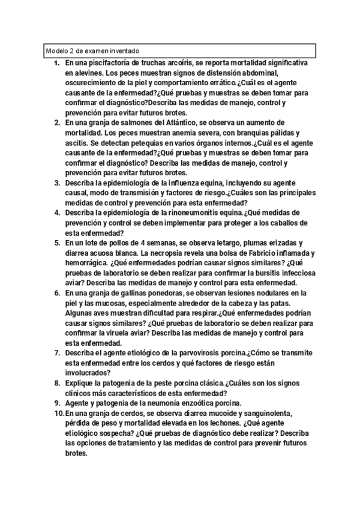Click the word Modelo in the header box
56,51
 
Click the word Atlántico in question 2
185,121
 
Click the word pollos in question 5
131,243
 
